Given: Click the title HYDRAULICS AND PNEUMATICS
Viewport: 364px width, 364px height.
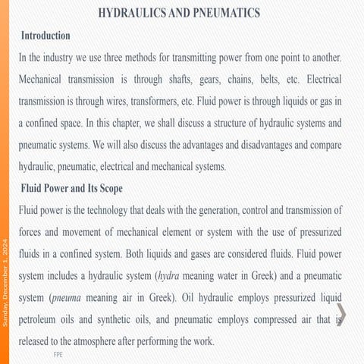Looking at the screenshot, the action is tap(179, 14).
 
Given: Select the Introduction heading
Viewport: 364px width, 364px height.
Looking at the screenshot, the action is tap(45, 36).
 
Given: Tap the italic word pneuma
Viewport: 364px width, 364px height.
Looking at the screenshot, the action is tap(71, 298).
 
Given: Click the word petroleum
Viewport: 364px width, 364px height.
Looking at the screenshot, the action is tap(44, 320).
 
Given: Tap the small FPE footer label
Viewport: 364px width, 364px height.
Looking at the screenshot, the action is tap(58, 354).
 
